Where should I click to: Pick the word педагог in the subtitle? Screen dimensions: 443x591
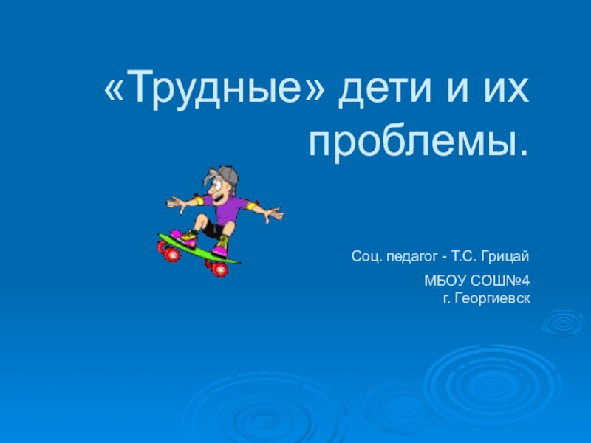click(411, 256)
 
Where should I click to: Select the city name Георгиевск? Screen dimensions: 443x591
click(486, 297)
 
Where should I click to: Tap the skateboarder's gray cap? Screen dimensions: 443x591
click(226, 175)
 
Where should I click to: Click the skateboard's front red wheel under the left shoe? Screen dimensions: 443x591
click(171, 253)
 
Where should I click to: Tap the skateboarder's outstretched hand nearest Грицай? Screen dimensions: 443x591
click(275, 214)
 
